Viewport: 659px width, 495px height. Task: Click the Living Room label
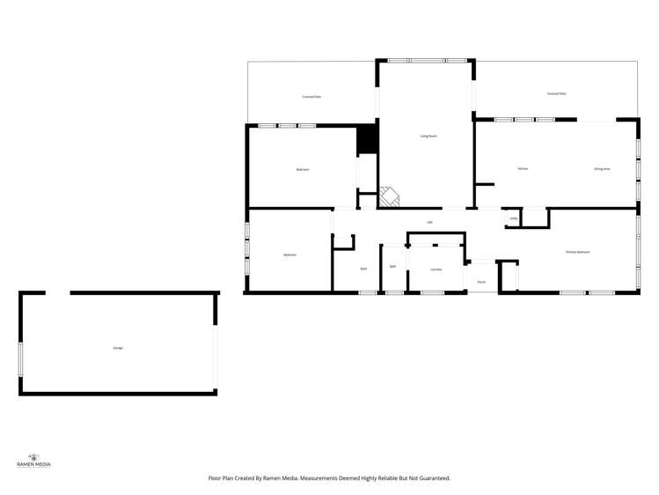tap(428, 136)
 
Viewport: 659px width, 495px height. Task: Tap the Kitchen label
tap(522, 167)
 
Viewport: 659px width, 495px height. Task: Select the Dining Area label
tap(602, 167)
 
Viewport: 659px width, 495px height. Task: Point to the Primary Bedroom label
tap(577, 252)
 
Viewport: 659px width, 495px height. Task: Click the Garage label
tap(118, 348)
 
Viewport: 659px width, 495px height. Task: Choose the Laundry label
tap(436, 270)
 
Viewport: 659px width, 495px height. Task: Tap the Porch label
tap(481, 282)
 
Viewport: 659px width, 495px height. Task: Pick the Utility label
tap(513, 218)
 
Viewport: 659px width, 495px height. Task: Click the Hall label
tap(429, 222)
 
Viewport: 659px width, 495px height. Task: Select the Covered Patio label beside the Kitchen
tap(556, 92)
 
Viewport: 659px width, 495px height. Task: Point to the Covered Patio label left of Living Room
tap(311, 96)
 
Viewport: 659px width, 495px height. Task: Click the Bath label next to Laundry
tap(392, 266)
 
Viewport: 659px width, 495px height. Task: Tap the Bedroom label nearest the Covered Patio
tap(302, 169)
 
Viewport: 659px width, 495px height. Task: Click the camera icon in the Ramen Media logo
tap(34, 457)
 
